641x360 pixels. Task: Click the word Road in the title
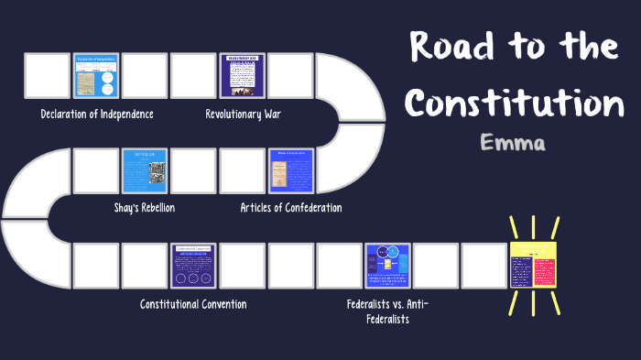pos(453,46)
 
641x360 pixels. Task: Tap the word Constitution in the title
pos(515,102)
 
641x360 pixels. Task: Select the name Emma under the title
pos(512,145)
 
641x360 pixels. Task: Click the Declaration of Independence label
pos(97,115)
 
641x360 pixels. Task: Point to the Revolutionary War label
pos(243,115)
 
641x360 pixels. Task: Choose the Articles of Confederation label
pos(291,208)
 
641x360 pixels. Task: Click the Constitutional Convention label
pos(193,303)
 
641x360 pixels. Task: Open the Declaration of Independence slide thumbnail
pos(96,76)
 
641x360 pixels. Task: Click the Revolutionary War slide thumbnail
pos(243,76)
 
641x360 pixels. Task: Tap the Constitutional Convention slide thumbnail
pos(193,266)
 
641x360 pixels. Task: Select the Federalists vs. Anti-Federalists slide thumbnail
pos(388,266)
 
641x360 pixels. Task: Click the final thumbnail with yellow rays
pos(534,266)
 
